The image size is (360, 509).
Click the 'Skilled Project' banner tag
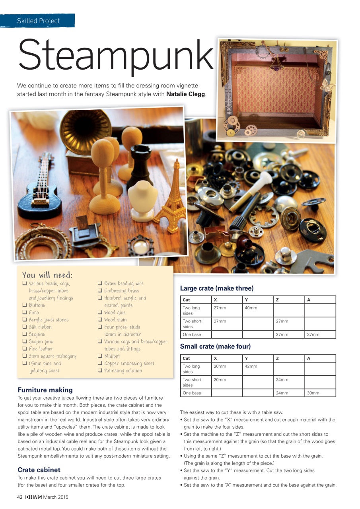38,21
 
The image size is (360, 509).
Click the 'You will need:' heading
47,275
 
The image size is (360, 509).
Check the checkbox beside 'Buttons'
25,305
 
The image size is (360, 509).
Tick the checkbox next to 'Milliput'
100,356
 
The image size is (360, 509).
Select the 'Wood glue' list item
115,313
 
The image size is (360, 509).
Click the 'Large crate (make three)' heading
217,288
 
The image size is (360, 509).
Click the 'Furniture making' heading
45,390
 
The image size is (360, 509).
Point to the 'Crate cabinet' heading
39,470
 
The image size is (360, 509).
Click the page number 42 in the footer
19,497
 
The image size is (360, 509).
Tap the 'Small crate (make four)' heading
215,346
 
